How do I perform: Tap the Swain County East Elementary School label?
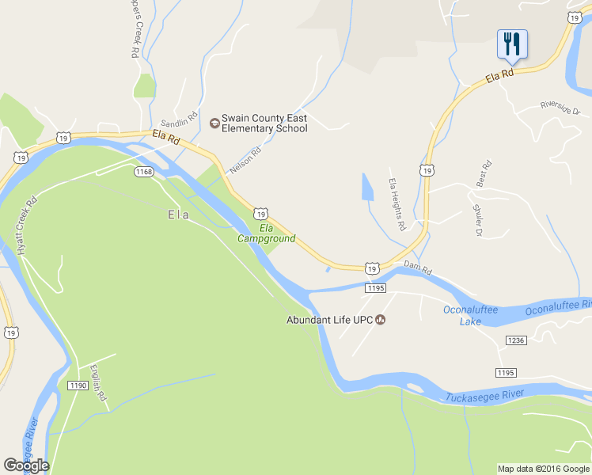264,123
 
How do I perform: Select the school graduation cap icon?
214,123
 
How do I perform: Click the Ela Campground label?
266,234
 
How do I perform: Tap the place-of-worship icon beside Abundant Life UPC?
381,321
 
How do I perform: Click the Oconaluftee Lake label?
470,315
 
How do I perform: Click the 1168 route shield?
143,172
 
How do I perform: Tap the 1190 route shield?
78,386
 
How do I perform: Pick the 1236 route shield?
515,340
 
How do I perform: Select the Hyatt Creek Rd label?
25,226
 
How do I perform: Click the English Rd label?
98,382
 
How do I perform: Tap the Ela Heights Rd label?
397,203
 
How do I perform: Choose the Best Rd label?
484,173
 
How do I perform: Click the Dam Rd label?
417,268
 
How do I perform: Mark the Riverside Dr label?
560,107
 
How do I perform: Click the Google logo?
26,465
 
